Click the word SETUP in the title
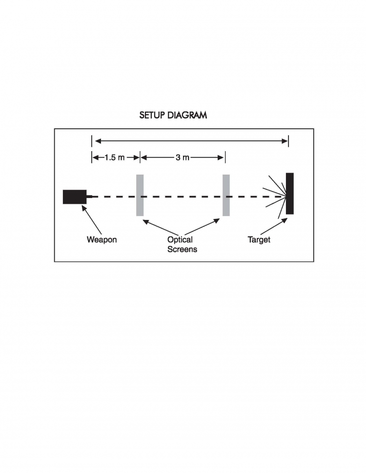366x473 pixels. point(152,115)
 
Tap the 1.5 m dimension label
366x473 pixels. point(115,158)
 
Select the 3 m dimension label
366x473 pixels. point(183,158)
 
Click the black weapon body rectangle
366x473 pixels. point(75,197)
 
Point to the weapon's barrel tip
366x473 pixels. point(92,197)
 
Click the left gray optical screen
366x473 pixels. point(140,195)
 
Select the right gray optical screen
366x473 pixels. point(226,195)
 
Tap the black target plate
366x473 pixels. point(290,194)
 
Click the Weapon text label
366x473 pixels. point(102,239)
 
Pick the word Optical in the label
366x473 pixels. point(180,239)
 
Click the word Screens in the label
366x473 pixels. point(182,249)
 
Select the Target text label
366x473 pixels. point(259,240)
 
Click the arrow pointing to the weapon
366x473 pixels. point(92,220)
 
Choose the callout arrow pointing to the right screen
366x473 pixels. point(202,227)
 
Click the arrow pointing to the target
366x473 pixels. point(274,226)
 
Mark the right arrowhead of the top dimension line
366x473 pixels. point(285,141)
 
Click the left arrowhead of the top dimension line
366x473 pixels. point(98,141)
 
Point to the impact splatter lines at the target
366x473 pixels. point(274,197)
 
